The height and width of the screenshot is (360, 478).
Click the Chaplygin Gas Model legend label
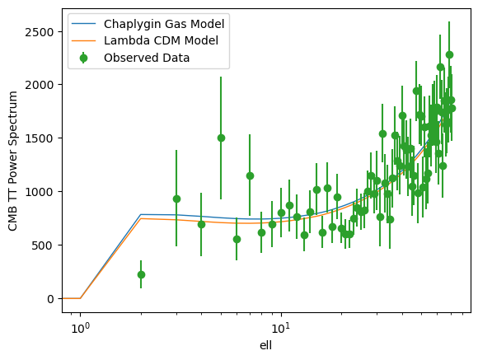[164, 24]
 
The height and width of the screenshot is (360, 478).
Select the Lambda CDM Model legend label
[161, 40]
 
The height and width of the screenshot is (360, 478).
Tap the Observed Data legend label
[147, 58]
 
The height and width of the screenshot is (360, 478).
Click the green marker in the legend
[83, 58]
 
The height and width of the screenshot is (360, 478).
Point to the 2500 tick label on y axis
[40, 31]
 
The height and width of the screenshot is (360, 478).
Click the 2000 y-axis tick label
[40, 85]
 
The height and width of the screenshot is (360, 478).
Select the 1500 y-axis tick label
[40, 138]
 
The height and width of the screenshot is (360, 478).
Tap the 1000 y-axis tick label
[40, 192]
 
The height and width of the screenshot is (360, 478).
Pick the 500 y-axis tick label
[43, 245]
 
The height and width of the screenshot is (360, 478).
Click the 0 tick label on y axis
[50, 299]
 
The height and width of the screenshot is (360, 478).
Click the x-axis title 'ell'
[265, 346]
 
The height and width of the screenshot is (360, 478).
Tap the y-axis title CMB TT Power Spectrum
[13, 161]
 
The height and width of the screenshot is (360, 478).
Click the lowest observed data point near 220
[141, 274]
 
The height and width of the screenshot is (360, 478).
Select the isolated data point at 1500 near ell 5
[221, 138]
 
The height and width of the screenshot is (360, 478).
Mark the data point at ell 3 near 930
[176, 199]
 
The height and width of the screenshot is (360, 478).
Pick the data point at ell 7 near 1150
[250, 176]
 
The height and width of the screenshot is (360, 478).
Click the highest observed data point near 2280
[449, 55]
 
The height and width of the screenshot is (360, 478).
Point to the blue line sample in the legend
[83, 24]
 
